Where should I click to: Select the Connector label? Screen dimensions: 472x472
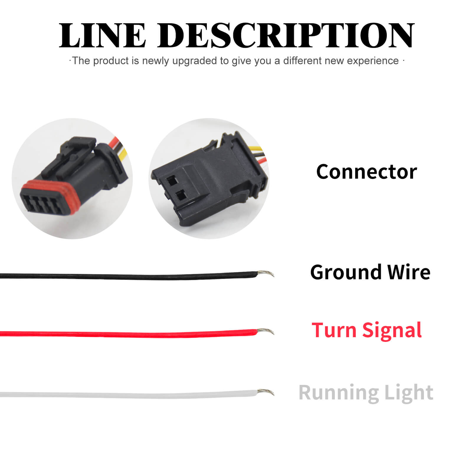point(366,172)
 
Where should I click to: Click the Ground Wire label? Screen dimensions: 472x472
point(370,272)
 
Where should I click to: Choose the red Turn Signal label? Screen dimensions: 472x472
point(367,330)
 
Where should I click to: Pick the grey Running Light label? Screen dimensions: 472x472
point(366,392)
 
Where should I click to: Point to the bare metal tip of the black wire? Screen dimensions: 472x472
point(266,273)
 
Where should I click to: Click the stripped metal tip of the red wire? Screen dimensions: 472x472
point(266,331)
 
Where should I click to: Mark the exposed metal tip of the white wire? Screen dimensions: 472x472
point(266,392)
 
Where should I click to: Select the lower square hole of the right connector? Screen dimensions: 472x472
point(181,195)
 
